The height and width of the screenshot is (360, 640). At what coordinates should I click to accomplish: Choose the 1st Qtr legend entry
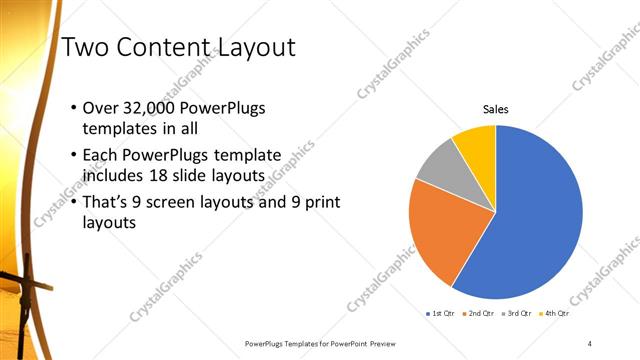441,314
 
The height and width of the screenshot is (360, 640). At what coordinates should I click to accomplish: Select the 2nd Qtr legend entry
478,314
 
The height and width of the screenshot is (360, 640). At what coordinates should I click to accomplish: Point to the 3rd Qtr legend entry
515,314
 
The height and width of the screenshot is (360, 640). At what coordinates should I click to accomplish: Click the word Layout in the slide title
250,49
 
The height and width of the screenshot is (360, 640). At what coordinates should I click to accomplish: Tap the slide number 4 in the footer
590,343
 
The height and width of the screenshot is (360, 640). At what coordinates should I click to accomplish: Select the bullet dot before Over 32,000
71,108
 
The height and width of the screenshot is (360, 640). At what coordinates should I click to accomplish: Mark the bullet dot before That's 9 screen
71,203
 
